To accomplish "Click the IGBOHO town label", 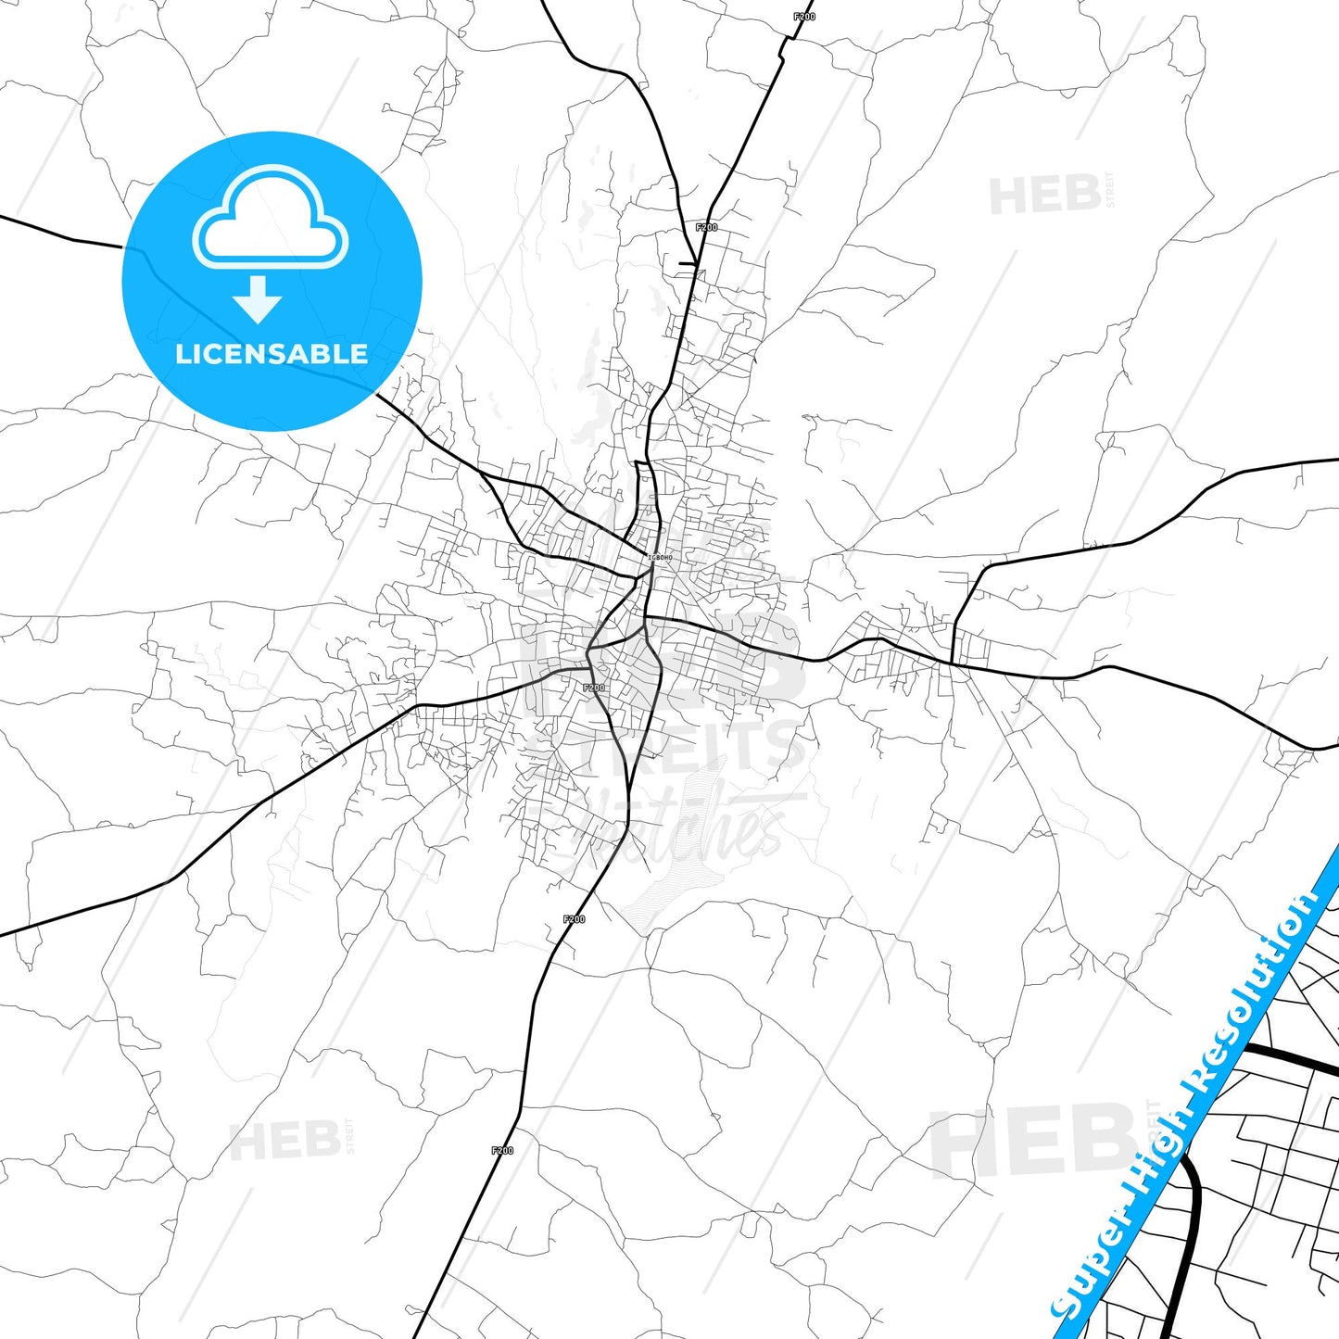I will click(660, 558).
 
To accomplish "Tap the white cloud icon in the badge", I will click(270, 221).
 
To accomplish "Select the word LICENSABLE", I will click(272, 354).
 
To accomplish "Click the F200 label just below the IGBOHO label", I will click(594, 688).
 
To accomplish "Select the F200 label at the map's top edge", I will click(804, 17).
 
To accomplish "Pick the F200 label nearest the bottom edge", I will click(502, 1150).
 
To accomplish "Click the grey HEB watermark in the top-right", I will click(1045, 196).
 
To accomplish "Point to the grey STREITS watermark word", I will click(676, 746).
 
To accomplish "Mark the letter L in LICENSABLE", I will click(182, 354).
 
